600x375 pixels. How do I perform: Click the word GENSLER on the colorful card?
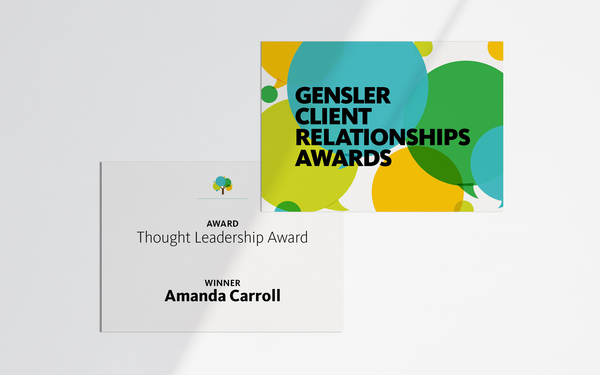[x=343, y=96]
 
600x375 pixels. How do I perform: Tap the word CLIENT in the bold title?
[x=333, y=117]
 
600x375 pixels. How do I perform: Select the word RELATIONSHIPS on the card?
[x=382, y=137]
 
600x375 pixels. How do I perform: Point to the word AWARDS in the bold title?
[x=343, y=158]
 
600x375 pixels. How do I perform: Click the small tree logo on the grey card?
[x=223, y=185]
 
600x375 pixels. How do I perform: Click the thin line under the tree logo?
[x=222, y=198]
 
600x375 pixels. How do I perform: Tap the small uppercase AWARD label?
[x=222, y=224]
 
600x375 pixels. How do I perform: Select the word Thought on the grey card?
[x=164, y=238]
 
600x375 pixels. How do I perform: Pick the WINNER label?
[x=222, y=283]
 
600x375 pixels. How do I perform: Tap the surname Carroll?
[x=255, y=296]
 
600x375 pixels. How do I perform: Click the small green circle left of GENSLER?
[x=269, y=94]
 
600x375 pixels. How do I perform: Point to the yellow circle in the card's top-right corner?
[x=496, y=51]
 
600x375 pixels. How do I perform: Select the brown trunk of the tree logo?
[x=223, y=190]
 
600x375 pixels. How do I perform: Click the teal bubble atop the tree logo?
[x=221, y=181]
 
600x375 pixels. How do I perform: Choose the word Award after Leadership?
[x=288, y=238]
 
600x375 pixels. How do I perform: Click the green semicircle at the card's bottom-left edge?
[x=288, y=207]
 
